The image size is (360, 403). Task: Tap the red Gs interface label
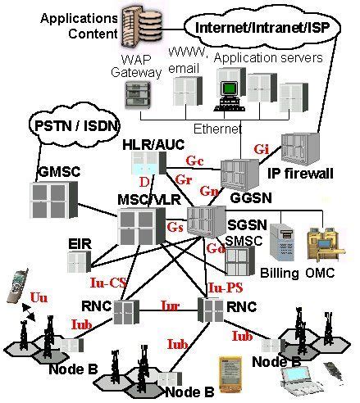[x=175, y=226]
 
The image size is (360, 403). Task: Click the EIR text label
[x=78, y=243]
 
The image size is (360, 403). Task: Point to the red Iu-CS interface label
[x=107, y=283]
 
